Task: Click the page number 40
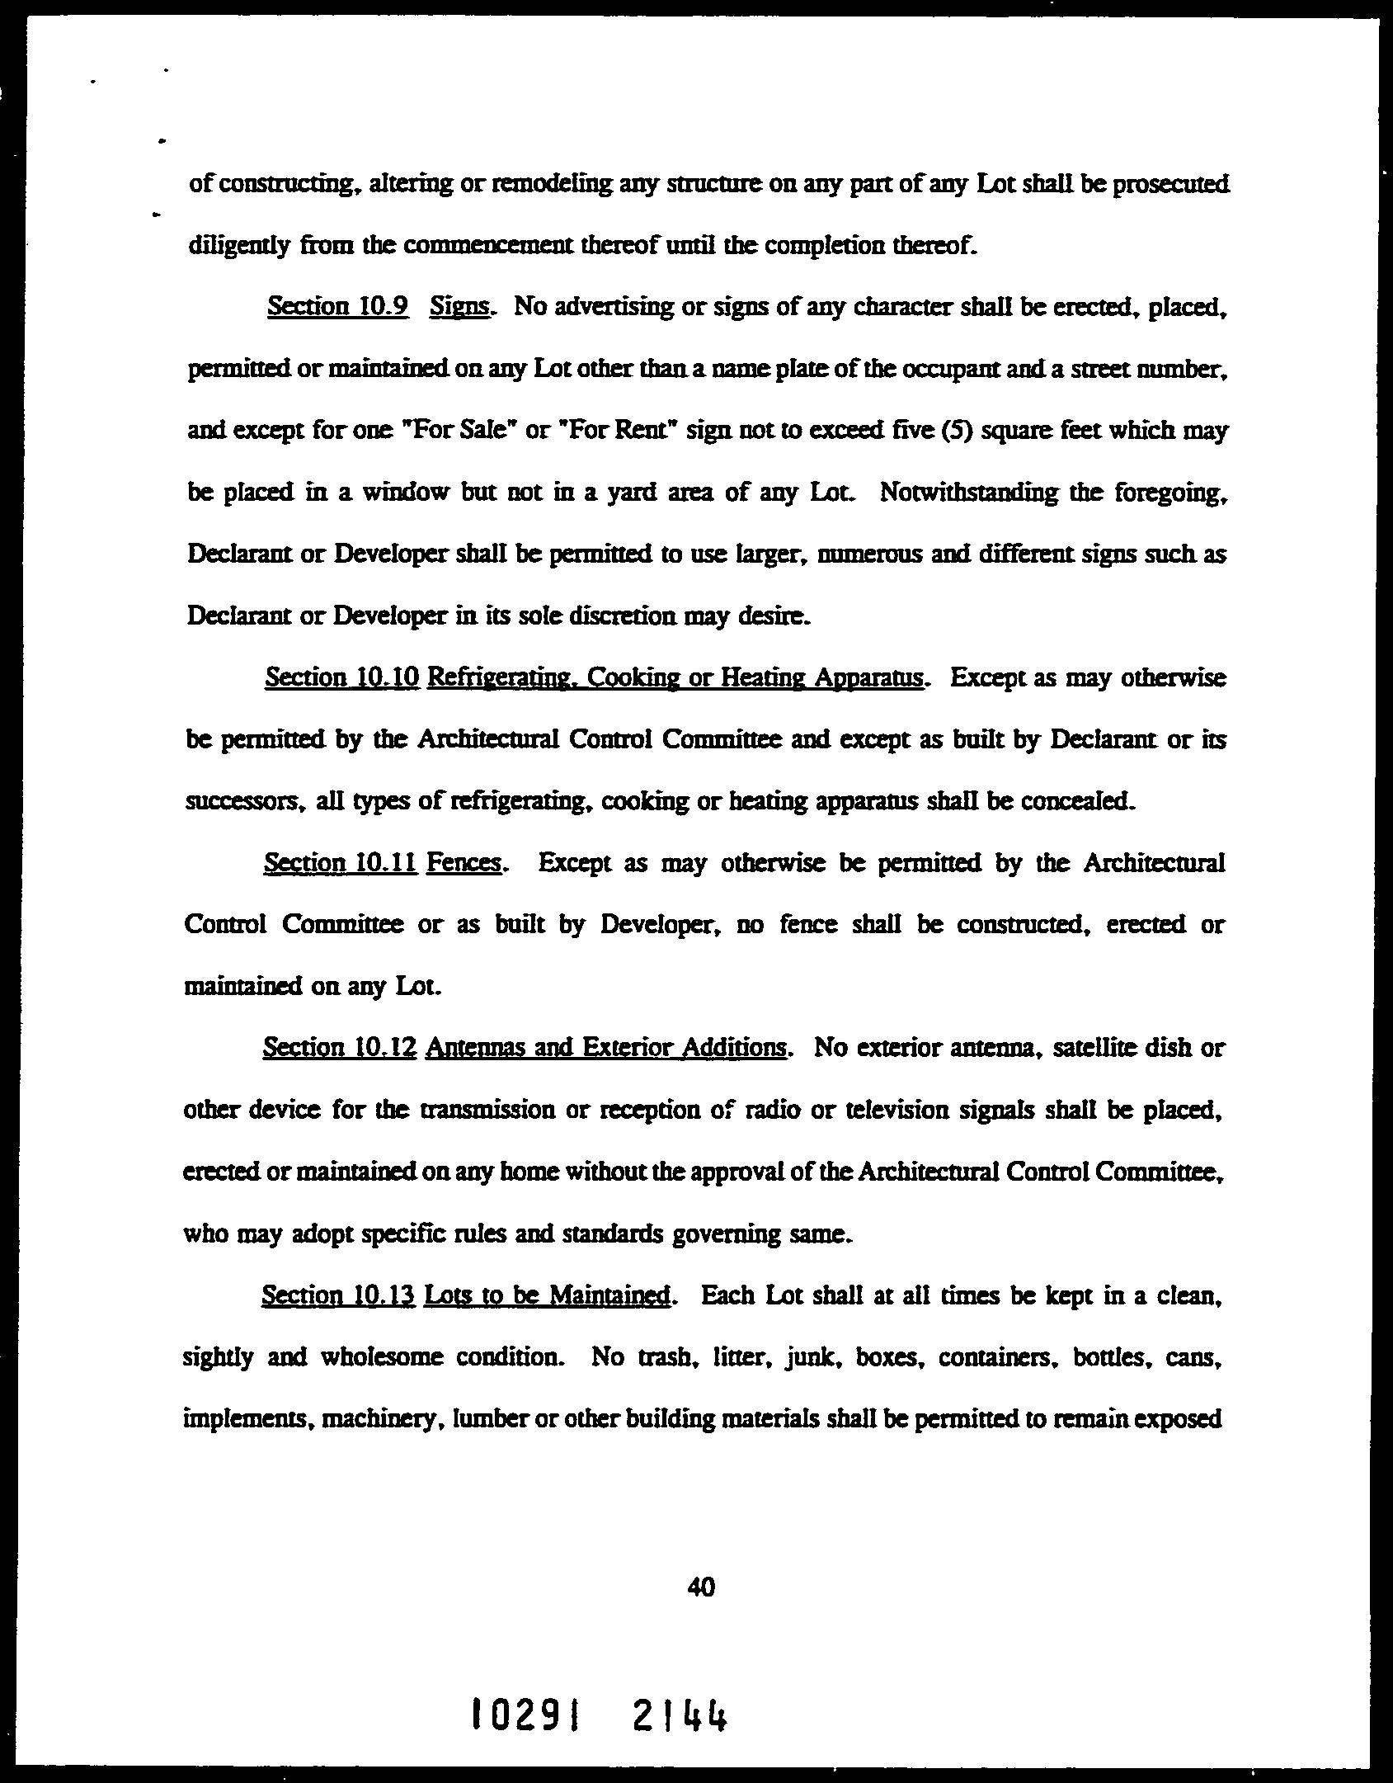click(x=700, y=1587)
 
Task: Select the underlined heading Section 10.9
click(x=338, y=307)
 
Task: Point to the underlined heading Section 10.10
click(x=342, y=678)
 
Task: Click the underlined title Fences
click(x=464, y=863)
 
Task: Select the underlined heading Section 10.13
click(x=338, y=1295)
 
